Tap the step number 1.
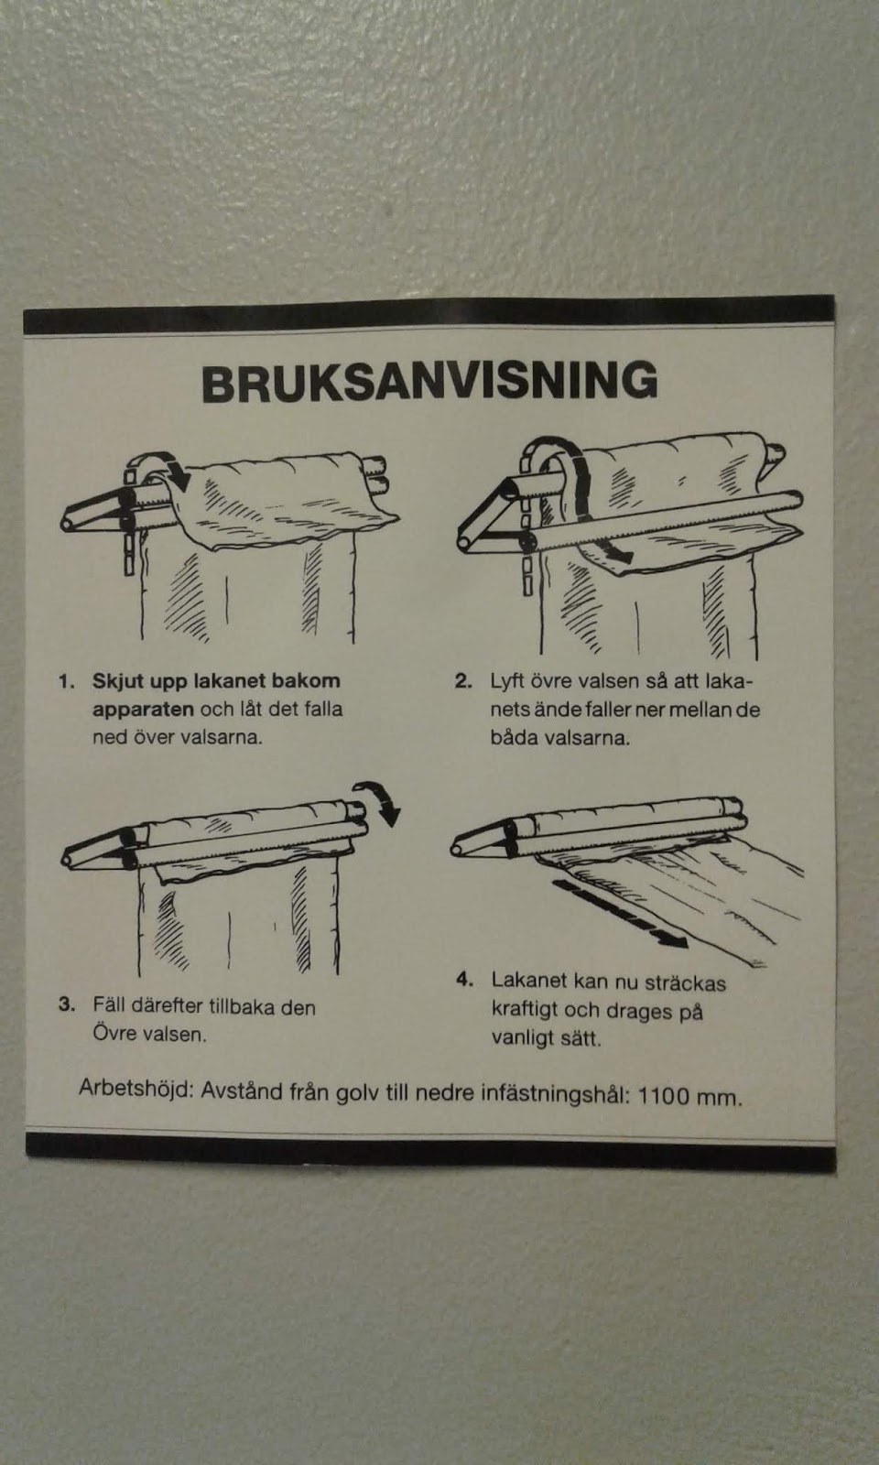[66, 681]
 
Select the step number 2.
[463, 681]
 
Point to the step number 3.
[67, 1004]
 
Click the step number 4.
[464, 980]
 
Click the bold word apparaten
[143, 711]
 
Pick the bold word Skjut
[118, 681]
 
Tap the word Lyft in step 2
[507, 681]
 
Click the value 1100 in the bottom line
[663, 1095]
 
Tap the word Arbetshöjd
[136, 1090]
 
